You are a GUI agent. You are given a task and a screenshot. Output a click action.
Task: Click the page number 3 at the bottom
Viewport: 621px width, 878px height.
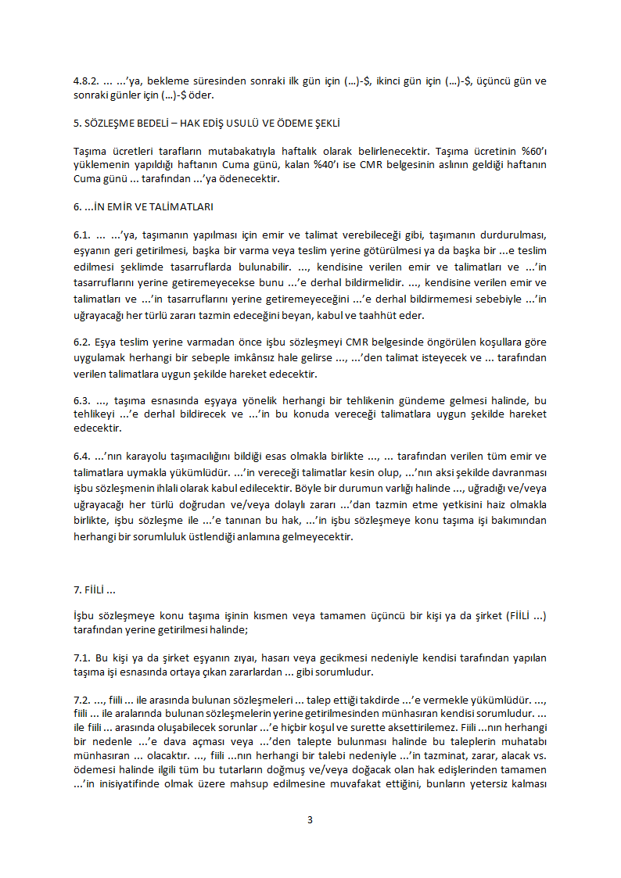point(310,819)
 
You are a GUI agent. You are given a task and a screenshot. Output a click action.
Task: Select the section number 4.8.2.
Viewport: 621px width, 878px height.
point(85,81)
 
